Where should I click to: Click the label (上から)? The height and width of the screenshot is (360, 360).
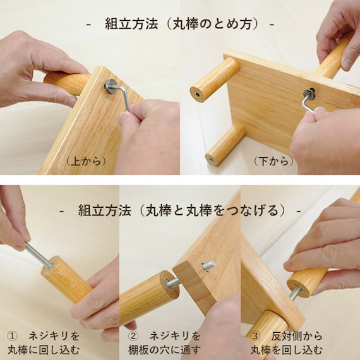(x=86, y=161)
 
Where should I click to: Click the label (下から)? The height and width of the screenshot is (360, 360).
(x=273, y=161)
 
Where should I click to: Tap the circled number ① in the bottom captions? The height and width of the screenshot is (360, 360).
(x=11, y=337)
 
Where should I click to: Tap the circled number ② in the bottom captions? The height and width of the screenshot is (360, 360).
(x=133, y=337)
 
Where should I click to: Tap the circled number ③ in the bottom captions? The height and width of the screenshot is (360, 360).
(x=255, y=337)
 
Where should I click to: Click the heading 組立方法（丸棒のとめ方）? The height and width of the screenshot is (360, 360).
(x=181, y=24)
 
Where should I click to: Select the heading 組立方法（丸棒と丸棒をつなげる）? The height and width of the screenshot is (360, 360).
(x=182, y=210)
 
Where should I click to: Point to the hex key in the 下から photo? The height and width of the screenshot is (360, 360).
(x=308, y=102)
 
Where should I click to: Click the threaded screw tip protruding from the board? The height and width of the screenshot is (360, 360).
(x=208, y=266)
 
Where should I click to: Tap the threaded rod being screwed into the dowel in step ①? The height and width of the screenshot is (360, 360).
(x=39, y=255)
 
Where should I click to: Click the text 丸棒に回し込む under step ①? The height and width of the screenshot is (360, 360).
(x=44, y=351)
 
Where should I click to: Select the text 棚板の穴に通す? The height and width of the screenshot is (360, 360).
(x=164, y=351)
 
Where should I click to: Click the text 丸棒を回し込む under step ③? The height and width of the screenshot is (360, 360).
(x=287, y=351)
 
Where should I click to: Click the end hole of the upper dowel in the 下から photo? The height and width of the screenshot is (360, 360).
(x=198, y=93)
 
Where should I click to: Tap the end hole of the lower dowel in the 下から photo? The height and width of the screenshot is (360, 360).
(x=212, y=159)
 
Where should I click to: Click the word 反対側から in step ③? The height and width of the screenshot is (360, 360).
(x=297, y=337)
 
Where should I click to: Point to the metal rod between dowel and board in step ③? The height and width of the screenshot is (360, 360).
(x=295, y=294)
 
